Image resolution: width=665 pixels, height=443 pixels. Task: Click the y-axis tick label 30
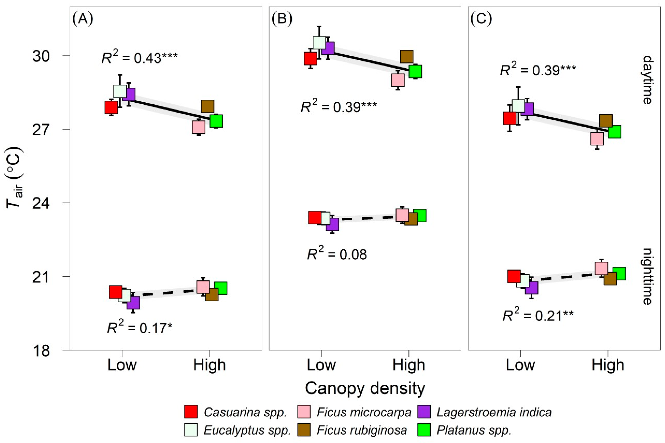[41, 56]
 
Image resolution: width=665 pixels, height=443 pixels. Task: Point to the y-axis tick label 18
[41, 351]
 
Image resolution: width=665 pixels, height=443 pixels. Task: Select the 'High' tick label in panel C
[608, 365]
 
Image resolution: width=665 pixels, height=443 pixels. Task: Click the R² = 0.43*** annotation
[140, 58]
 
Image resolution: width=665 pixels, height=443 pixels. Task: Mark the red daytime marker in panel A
[111, 107]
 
